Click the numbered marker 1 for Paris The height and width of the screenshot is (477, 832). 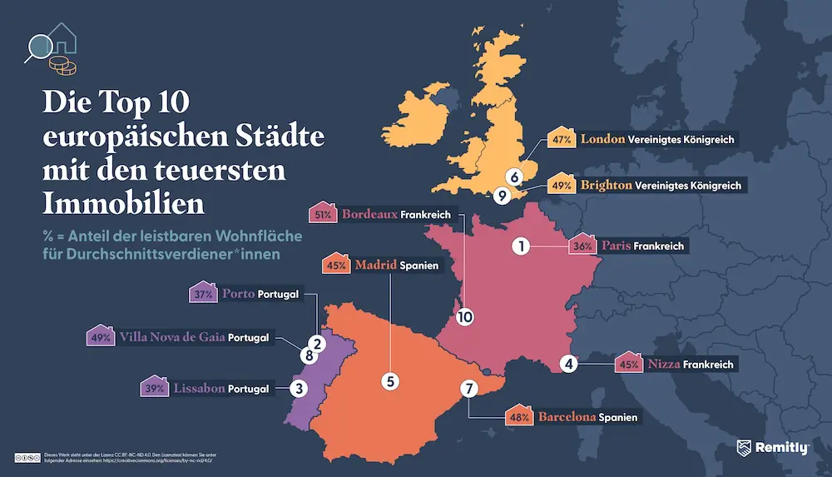click(x=521, y=246)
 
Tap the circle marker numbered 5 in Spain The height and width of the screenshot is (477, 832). click(x=391, y=380)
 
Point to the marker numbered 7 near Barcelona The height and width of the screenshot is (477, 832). click(x=469, y=388)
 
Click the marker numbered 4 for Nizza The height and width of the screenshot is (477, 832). click(x=569, y=363)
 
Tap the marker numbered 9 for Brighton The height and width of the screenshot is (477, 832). click(x=501, y=196)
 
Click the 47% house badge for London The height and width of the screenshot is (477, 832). click(x=562, y=139)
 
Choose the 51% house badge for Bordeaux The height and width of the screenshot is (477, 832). click(x=323, y=214)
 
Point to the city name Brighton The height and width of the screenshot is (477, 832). click(x=607, y=185)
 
